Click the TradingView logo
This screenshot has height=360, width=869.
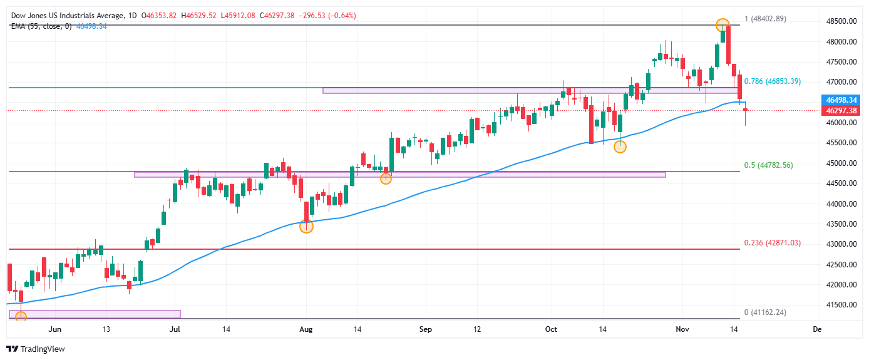36,349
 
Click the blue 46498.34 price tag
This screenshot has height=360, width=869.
841,100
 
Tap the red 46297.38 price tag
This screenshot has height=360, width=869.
841,110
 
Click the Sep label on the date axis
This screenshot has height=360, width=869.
425,329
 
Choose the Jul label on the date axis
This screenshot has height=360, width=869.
175,329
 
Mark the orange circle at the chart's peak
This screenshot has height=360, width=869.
722,25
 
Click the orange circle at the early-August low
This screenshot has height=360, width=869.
306,227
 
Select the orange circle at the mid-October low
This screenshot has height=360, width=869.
620,147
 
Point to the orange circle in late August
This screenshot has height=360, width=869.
386,178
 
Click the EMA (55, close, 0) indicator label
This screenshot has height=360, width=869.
41,26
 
